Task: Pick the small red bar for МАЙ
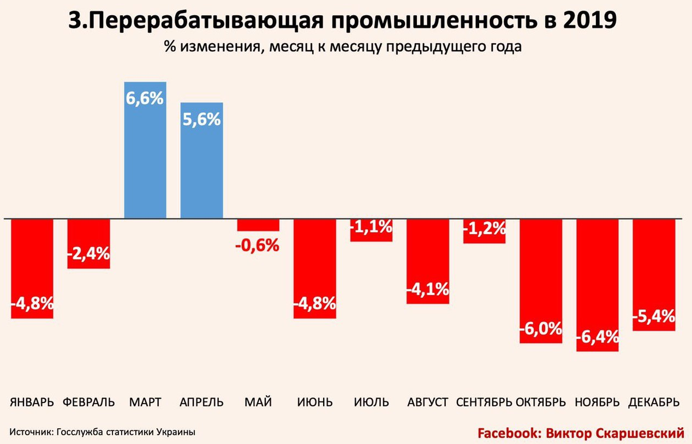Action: point(258,225)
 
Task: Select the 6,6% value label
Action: point(145,99)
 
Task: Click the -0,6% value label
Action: point(258,246)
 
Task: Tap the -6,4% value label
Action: point(597,337)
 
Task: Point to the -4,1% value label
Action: point(428,289)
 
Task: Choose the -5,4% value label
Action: point(654,316)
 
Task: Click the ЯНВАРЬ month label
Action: point(32,403)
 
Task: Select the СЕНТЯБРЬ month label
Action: point(484,403)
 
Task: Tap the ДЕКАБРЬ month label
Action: point(654,403)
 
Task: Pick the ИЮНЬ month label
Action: point(315,403)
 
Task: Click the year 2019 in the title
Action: point(593,21)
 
